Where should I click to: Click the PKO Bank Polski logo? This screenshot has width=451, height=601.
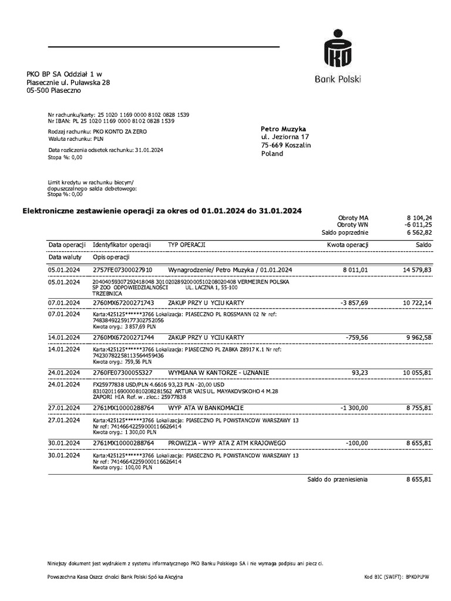coord(338,56)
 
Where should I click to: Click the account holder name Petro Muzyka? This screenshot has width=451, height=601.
coord(284,129)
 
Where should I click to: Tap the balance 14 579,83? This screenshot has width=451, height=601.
coord(417,270)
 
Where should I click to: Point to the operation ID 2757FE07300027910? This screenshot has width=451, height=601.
coord(123,270)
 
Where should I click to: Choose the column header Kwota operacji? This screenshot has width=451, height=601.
coord(348,245)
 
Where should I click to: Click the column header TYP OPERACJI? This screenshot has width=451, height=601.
coord(187,245)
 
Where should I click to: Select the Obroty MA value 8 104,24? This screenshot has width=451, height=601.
coord(419,217)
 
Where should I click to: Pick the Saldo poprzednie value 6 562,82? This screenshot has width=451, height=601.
coord(419,232)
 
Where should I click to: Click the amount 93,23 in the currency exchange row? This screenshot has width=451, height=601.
coord(360,373)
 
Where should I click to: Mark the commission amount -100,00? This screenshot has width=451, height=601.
coord(356,443)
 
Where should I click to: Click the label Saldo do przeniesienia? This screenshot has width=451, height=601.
coord(338,480)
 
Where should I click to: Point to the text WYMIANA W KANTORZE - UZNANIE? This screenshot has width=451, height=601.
coord(218,373)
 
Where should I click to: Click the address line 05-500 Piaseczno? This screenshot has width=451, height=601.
coord(54,91)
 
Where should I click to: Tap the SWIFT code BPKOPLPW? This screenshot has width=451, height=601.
coord(418,578)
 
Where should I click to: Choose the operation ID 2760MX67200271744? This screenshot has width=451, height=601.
coord(123,338)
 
